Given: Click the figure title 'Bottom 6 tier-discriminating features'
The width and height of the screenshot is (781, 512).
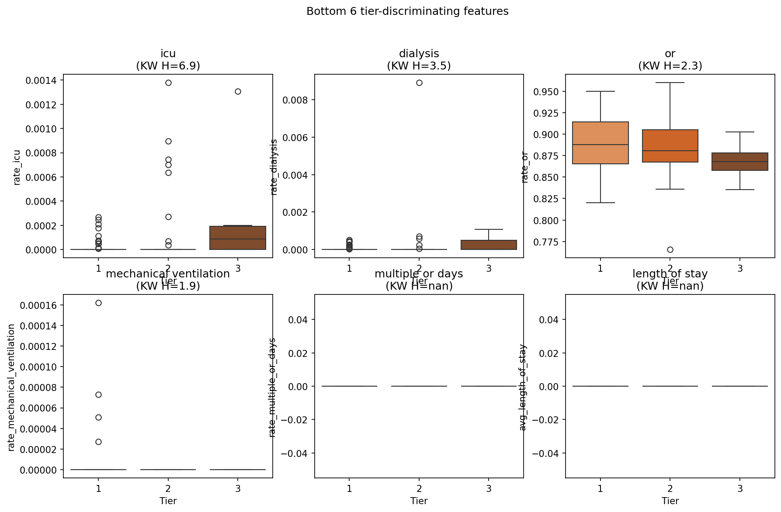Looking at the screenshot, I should [x=407, y=11].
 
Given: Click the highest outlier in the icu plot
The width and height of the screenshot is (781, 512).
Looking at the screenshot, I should [x=168, y=83].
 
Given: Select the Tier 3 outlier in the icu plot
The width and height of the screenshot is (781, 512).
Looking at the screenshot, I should [x=238, y=91].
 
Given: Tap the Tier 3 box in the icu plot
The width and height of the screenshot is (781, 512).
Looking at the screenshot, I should [x=238, y=238].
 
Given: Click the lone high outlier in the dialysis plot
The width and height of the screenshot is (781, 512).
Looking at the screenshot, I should [x=419, y=83].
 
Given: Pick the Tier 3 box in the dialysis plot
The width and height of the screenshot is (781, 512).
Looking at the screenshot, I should [x=489, y=245].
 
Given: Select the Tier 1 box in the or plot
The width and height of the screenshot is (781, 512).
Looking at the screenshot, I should [x=600, y=143].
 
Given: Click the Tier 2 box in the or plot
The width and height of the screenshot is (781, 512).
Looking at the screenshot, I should [x=670, y=146].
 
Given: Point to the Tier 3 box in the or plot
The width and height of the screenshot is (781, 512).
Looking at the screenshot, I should [x=739, y=162].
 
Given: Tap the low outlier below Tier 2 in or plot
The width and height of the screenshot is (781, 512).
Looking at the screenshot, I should [x=670, y=249].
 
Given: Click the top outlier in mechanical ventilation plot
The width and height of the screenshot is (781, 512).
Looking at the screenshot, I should [x=98, y=303].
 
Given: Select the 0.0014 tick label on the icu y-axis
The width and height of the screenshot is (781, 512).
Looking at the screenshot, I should [x=41, y=80].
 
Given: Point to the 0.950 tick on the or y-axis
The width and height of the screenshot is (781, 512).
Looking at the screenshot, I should [x=546, y=92].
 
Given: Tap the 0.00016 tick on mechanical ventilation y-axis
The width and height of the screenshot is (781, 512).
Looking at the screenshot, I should [x=38, y=305].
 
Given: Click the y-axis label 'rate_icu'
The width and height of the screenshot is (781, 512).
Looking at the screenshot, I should [x=17, y=167].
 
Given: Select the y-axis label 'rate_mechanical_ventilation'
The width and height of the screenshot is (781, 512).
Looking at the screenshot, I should [x=12, y=387].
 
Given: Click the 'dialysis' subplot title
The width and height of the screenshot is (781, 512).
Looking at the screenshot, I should [x=419, y=53].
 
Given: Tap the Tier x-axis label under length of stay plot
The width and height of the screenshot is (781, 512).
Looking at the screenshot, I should [x=670, y=501].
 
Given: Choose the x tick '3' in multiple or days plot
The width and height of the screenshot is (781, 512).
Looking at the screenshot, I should [x=489, y=488].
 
